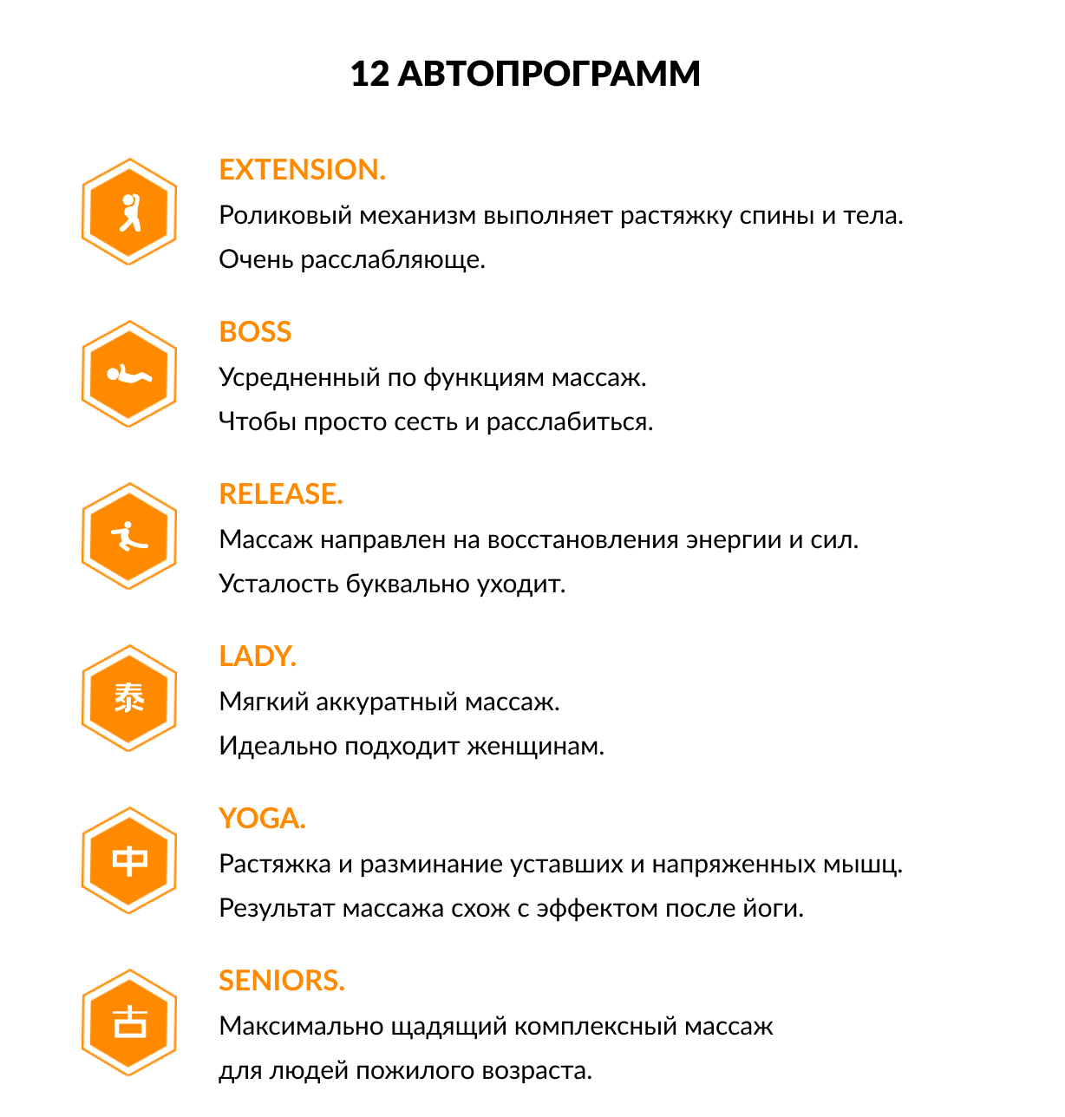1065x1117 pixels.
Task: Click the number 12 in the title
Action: coord(370,75)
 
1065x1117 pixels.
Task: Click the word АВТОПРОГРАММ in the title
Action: coord(548,75)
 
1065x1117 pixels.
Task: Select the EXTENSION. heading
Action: coord(302,170)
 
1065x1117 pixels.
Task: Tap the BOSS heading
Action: coord(255,332)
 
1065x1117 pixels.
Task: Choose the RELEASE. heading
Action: coord(281,494)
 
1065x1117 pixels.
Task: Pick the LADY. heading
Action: coord(258,656)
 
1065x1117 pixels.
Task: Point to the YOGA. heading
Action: coord(262,819)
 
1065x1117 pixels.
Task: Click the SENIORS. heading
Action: coord(282,981)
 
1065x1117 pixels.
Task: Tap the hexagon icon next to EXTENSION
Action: coord(129,212)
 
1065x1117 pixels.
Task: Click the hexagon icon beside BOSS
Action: coord(129,374)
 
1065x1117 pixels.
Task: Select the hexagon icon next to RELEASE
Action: coord(129,536)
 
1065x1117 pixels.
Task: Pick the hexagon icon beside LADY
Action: coord(129,698)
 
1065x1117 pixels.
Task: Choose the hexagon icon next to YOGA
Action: coord(129,860)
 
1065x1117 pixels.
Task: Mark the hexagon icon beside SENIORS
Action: coord(129,1022)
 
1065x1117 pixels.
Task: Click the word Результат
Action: coord(277,909)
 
